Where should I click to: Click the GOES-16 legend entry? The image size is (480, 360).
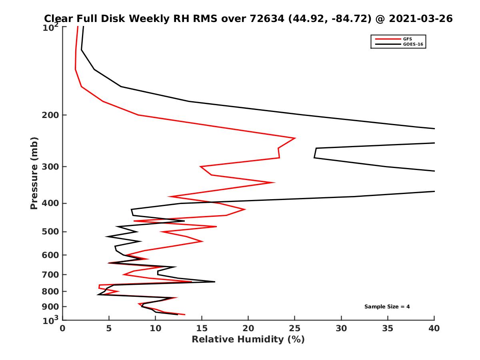point(412,44)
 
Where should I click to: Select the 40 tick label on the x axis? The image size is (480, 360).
point(434,328)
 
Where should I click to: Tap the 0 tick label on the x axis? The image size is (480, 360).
point(63,328)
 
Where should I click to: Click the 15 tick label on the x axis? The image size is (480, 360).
point(202,328)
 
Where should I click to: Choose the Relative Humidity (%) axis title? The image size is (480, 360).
point(248,340)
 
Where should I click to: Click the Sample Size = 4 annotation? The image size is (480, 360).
point(387,307)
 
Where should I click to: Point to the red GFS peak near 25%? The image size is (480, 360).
point(295,138)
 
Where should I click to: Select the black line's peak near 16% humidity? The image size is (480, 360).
point(215,282)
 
